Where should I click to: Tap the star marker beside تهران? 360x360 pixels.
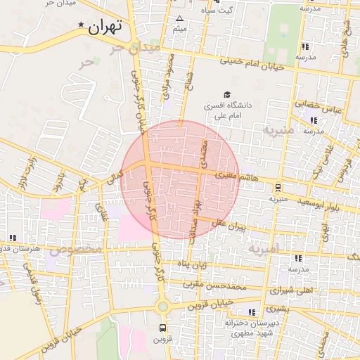tap(82, 26)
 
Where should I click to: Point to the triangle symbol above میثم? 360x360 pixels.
tap(180, 18)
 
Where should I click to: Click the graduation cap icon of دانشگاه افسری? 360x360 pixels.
tap(226, 95)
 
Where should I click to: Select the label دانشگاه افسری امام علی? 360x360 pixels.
tap(227, 110)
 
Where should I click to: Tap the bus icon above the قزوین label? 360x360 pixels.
tap(163, 328)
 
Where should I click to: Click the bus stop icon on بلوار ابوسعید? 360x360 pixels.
tap(278, 188)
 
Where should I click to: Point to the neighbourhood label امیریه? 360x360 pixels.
tap(264, 248)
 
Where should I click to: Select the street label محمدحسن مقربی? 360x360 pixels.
tap(215, 285)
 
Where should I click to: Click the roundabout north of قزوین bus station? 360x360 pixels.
tap(163, 306)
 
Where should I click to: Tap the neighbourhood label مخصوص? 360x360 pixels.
tap(76, 250)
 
